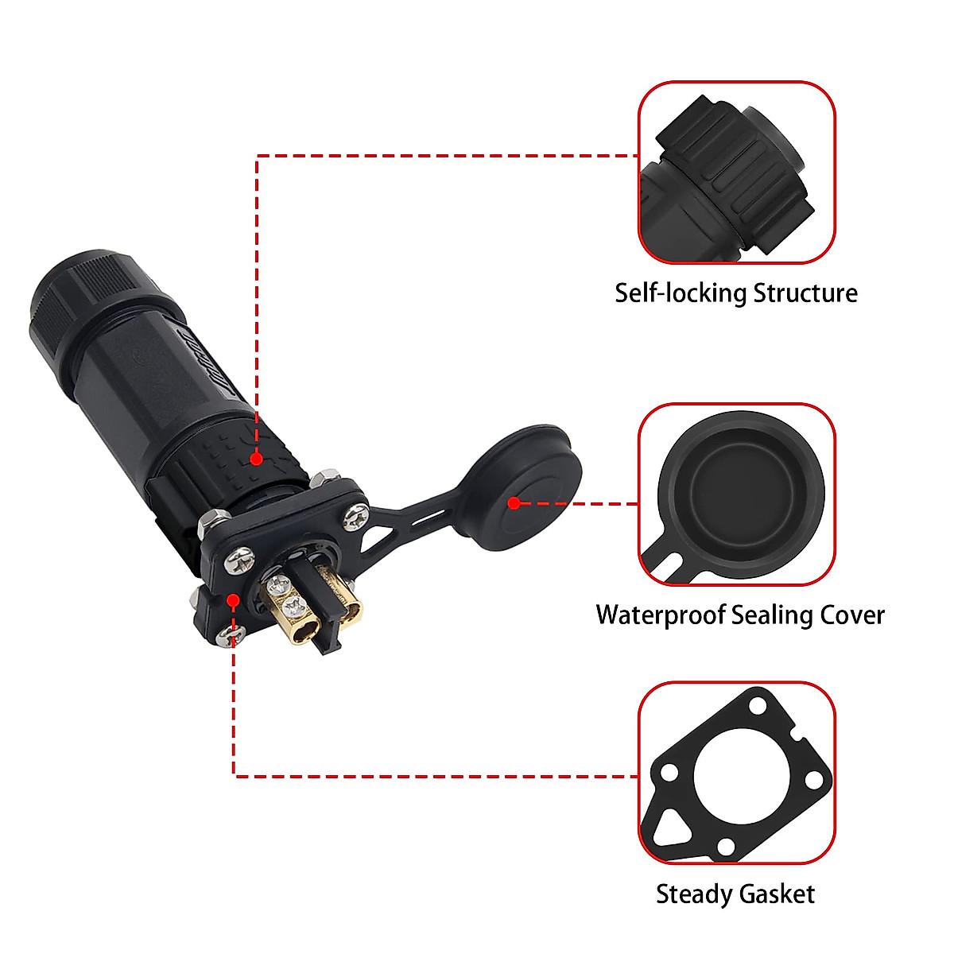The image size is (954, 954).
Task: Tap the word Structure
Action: click(805, 293)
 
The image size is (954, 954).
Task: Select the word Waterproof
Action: click(660, 615)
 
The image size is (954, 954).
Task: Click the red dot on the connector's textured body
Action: click(256, 459)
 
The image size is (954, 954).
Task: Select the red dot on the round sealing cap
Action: click(514, 503)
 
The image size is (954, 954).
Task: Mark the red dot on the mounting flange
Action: click(231, 599)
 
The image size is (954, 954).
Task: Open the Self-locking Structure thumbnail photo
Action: click(737, 173)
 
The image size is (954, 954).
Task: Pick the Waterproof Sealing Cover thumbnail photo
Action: click(737, 494)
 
